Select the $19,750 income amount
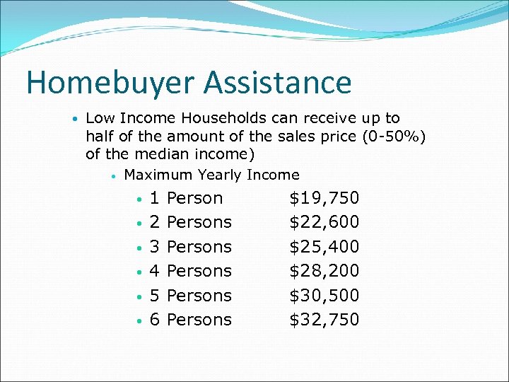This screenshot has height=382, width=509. [x=324, y=198]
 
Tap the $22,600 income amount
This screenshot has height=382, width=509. [x=324, y=222]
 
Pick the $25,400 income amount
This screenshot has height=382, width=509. [x=324, y=247]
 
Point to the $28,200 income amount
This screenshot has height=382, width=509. [x=324, y=271]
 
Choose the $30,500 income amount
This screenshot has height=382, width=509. [x=324, y=296]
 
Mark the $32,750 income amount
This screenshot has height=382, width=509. [x=324, y=320]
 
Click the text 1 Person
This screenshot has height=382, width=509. [x=187, y=198]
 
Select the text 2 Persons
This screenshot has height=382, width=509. [x=191, y=222]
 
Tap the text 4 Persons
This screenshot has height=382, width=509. [x=191, y=271]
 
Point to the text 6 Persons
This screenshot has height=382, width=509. [x=191, y=320]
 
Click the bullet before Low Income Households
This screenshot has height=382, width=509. [x=74, y=119]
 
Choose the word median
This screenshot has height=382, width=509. [x=154, y=154]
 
